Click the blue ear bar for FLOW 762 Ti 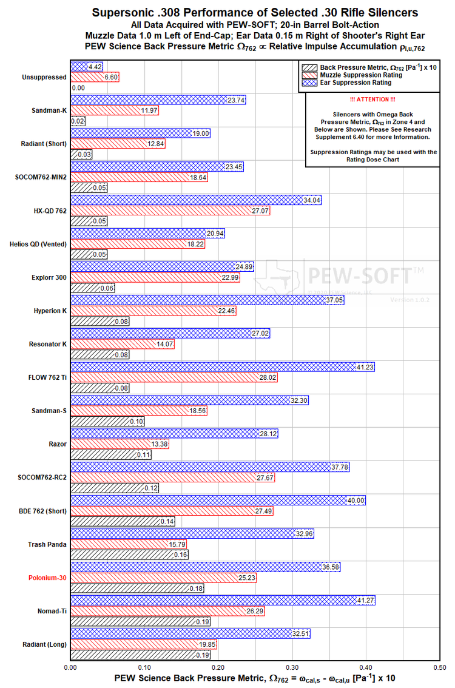tap(223, 367)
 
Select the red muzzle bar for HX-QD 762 tap(170, 211)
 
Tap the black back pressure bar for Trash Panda tap(129, 555)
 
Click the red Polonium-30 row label tap(47, 578)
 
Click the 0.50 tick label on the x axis tap(440, 667)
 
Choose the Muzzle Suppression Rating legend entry tap(352, 75)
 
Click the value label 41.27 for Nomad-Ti tap(365, 600)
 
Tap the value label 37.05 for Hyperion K tap(334, 300)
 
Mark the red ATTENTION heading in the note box tap(372, 99)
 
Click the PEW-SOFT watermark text tap(359, 276)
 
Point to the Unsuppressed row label tap(44, 77)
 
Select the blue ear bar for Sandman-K tap(158, 100)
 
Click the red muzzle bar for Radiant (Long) tap(143, 644)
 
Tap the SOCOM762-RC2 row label tap(42, 477)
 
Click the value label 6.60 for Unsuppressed tap(111, 77)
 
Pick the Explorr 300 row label tap(49, 277)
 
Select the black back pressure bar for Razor tap(111, 454)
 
